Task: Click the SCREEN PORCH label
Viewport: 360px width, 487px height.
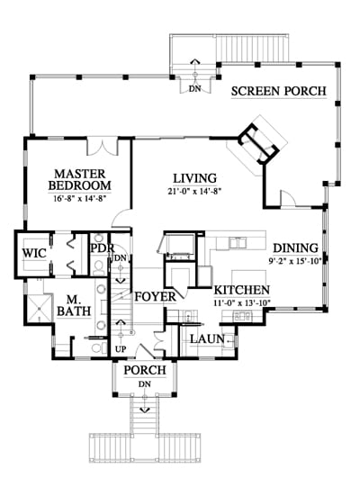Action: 279,91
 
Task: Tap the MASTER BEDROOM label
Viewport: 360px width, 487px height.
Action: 79,179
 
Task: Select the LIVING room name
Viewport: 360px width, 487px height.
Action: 194,178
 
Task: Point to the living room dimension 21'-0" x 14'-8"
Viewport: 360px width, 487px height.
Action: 194,192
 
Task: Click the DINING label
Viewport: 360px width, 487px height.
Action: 296,248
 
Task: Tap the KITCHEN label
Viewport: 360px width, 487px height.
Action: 242,290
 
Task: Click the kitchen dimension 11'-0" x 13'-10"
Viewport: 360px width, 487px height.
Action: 242,302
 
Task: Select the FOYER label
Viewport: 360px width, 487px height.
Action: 156,296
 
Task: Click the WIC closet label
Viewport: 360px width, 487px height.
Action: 34,253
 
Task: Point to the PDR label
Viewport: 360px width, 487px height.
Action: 103,248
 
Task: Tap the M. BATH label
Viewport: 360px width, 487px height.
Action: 74,306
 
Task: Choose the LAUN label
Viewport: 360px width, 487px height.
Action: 207,339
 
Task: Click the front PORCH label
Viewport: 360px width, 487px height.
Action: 145,370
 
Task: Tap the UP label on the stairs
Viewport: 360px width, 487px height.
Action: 121,349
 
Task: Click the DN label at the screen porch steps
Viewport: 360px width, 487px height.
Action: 194,89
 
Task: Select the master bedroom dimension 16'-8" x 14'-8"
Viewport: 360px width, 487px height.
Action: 79,198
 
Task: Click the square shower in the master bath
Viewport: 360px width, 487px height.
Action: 40,308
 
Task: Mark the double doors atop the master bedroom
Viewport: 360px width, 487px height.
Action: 103,147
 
